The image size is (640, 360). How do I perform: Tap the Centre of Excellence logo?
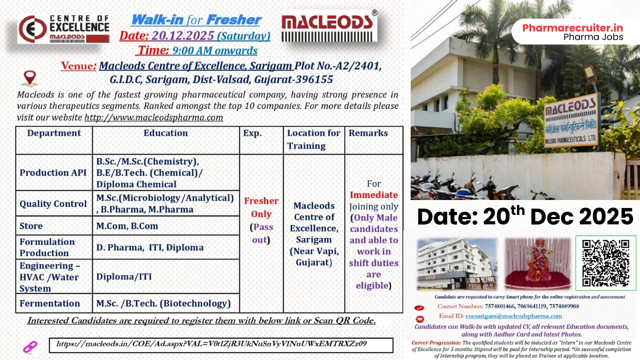(x=63, y=28)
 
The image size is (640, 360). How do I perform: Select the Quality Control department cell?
(x=53, y=204)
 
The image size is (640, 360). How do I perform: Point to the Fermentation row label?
(x=50, y=303)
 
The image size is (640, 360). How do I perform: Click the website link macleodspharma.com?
(x=154, y=117)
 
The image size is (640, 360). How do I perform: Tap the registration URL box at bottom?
(x=221, y=345)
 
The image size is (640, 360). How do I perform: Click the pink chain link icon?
(x=29, y=347)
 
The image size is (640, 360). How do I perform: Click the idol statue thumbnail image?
(x=538, y=264)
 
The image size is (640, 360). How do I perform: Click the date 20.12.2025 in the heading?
(x=182, y=36)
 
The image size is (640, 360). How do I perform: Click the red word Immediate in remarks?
(x=374, y=195)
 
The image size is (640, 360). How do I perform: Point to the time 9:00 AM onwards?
(x=214, y=51)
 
